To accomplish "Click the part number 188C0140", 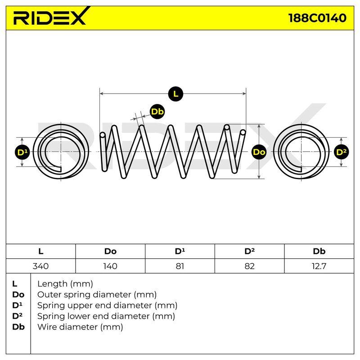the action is pyautogui.click(x=317, y=18).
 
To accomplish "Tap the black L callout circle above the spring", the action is pyautogui.click(x=175, y=94).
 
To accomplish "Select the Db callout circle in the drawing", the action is pyautogui.click(x=157, y=112).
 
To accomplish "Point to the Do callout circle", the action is pyautogui.click(x=259, y=152).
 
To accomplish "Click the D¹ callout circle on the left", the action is pyautogui.click(x=22, y=152).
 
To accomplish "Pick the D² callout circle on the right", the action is pyautogui.click(x=341, y=152).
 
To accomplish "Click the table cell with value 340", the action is pyautogui.click(x=40, y=266).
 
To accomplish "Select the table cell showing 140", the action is pyautogui.click(x=110, y=266).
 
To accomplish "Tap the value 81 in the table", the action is pyautogui.click(x=180, y=266).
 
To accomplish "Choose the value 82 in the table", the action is pyautogui.click(x=249, y=266).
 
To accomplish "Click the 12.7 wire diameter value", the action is pyautogui.click(x=319, y=266).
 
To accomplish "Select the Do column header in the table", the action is pyautogui.click(x=110, y=251).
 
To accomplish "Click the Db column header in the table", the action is pyautogui.click(x=319, y=251).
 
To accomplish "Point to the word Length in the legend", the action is pyautogui.click(x=52, y=284).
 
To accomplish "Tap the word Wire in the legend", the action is pyautogui.click(x=45, y=327).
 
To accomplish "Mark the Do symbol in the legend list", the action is pyautogui.click(x=18, y=295).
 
